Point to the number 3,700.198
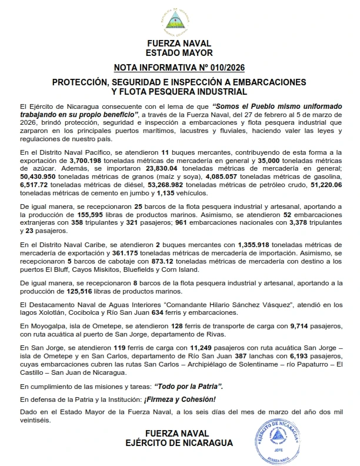(88, 160)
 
